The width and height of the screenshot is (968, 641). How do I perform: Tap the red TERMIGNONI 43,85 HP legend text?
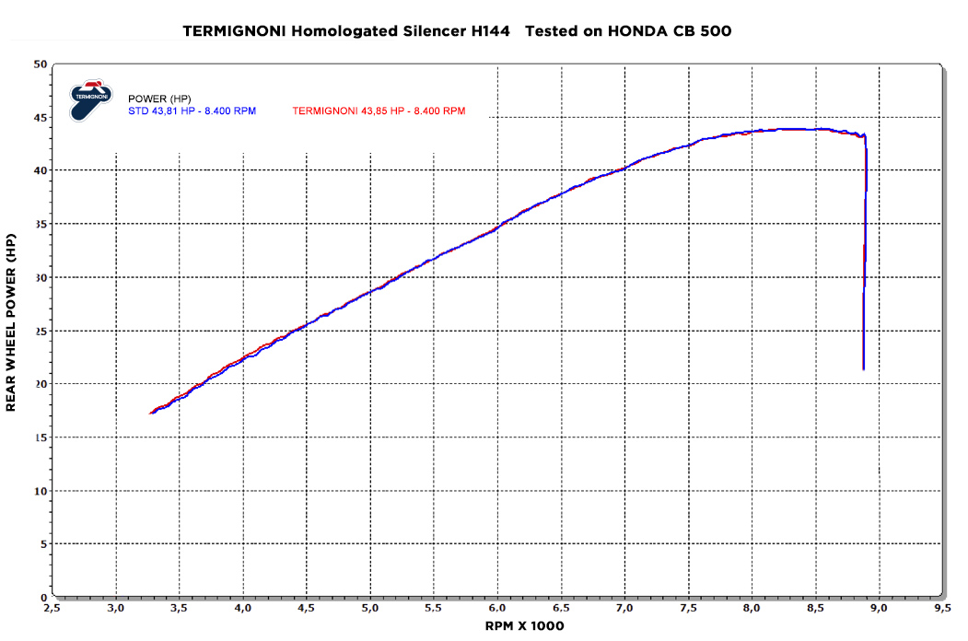(379, 111)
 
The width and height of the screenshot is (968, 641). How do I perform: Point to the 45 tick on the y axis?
(40, 117)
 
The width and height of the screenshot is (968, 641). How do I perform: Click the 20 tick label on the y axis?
(40, 383)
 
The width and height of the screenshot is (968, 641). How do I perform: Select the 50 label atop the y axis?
(40, 64)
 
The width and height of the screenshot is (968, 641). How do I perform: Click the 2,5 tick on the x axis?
(52, 609)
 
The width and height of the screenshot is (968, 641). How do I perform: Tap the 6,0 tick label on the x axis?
(497, 609)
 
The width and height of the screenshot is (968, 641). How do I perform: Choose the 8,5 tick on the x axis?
(815, 609)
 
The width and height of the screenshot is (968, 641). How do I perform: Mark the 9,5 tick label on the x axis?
(942, 609)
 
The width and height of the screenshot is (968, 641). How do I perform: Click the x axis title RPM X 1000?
(524, 626)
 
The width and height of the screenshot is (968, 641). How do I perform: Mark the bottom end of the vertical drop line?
(863, 368)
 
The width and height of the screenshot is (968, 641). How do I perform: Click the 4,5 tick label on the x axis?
(307, 609)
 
